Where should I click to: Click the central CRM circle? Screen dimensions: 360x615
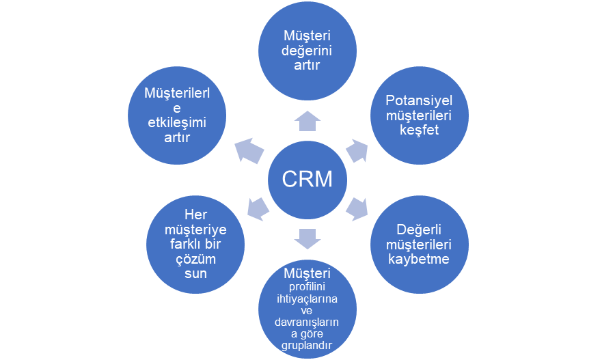pos(307,179)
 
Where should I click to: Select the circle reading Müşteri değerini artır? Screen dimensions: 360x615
pos(307,49)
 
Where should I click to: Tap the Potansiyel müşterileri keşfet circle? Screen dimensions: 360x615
pos(420,114)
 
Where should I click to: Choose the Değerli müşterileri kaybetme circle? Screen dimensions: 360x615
pos(420,244)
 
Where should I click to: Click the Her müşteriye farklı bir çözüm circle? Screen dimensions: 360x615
pos(196,244)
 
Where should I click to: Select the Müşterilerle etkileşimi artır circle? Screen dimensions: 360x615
pos(177,114)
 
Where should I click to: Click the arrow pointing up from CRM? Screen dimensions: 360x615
pos(307,121)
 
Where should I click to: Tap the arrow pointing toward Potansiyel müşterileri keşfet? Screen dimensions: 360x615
pos(357,150)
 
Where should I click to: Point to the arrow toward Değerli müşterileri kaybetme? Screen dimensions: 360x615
pos(357,208)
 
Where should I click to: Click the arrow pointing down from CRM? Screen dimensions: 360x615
pos(307,238)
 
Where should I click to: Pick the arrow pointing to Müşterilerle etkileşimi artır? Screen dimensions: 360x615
pos(249,150)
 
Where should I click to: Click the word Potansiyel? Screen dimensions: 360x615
pos(420,100)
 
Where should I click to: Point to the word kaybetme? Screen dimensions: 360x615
pos(420,259)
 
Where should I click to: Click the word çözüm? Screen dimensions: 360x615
pos(196,259)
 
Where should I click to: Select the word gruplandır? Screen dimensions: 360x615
pos(307,346)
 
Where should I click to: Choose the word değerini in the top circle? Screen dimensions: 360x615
pos(307,49)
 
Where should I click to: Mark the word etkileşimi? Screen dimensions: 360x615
pos(177,122)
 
